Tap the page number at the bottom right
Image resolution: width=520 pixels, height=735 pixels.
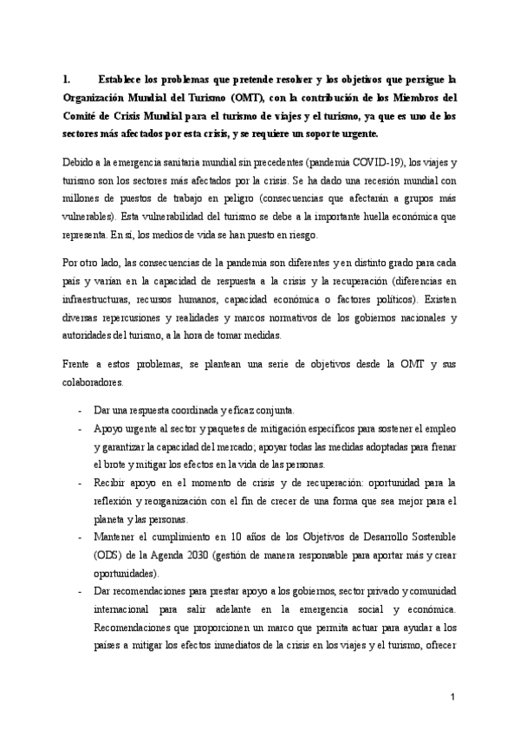click(x=452, y=697)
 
